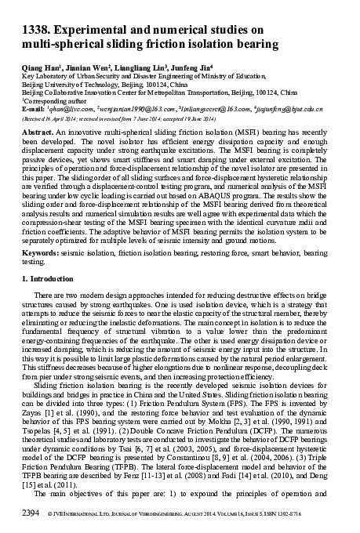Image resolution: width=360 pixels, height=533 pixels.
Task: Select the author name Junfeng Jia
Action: click(175, 69)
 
